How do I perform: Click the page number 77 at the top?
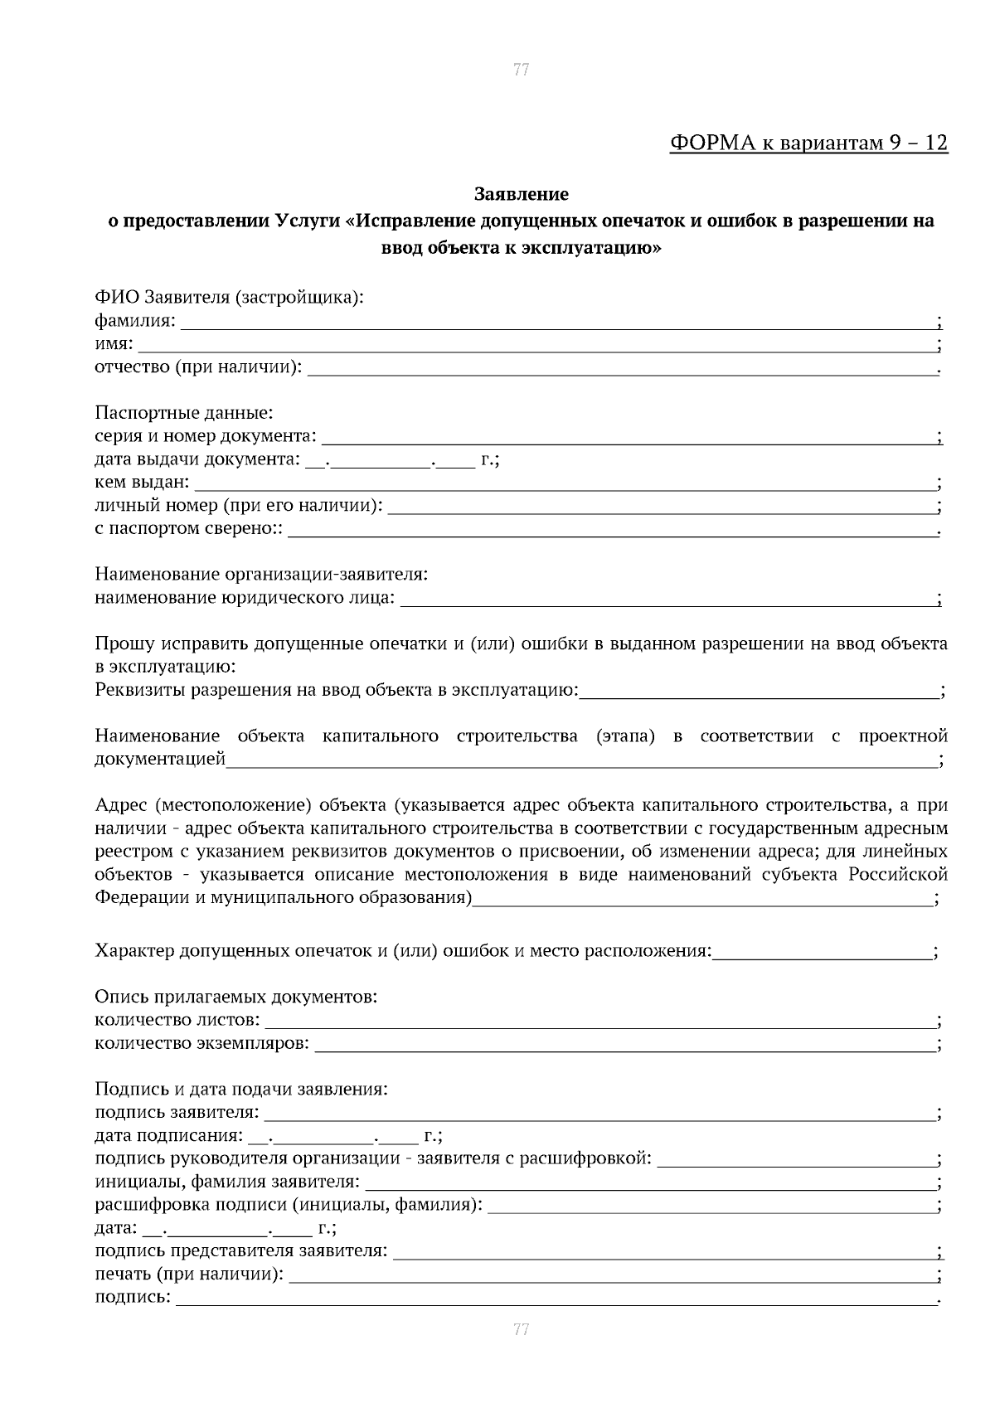click(521, 70)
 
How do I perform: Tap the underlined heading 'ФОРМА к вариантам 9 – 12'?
click(808, 143)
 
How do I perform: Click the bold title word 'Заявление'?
click(521, 194)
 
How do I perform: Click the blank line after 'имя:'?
click(536, 347)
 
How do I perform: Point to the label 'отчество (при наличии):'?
click(198, 367)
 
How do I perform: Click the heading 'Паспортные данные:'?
click(183, 412)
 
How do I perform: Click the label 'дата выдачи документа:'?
click(197, 459)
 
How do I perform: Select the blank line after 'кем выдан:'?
click(564, 485)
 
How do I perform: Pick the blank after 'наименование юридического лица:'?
click(667, 600)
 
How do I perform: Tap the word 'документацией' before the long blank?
click(160, 759)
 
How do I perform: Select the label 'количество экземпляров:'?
click(201, 1042)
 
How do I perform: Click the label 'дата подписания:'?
click(168, 1135)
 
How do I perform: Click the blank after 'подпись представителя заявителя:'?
click(663, 1253)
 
